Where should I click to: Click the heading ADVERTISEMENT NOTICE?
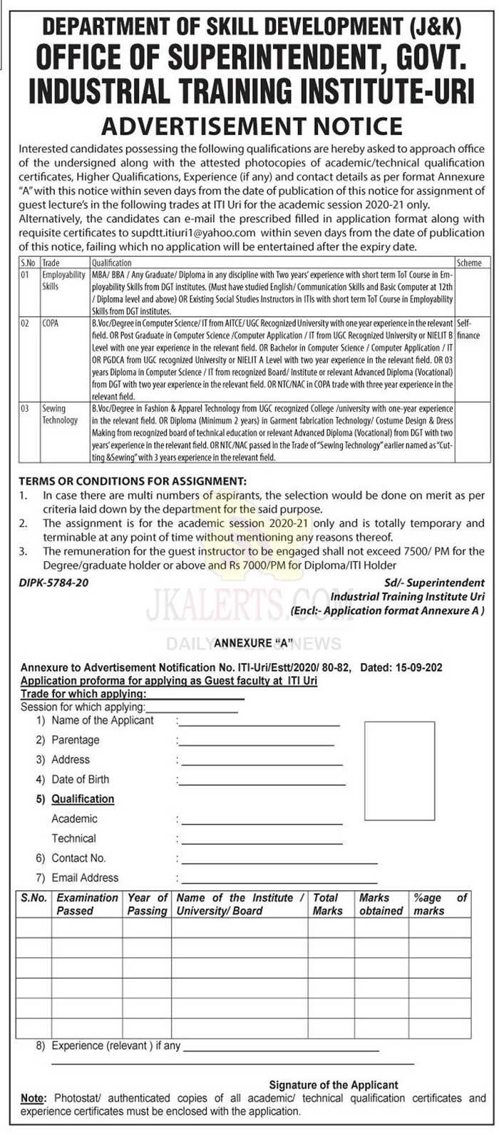[252, 126]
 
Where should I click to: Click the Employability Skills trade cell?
[63, 280]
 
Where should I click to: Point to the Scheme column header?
[469, 263]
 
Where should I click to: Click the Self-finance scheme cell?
[468, 329]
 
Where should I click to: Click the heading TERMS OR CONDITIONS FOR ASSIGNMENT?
[133, 481]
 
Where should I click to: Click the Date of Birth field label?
[80, 780]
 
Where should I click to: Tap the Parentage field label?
[75, 740]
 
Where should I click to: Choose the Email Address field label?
[85, 877]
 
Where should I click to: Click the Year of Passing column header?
[147, 904]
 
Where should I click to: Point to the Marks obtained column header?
[381, 904]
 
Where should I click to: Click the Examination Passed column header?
[87, 904]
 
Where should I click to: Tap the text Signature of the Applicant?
[334, 1084]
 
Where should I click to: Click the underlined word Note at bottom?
[32, 1098]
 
